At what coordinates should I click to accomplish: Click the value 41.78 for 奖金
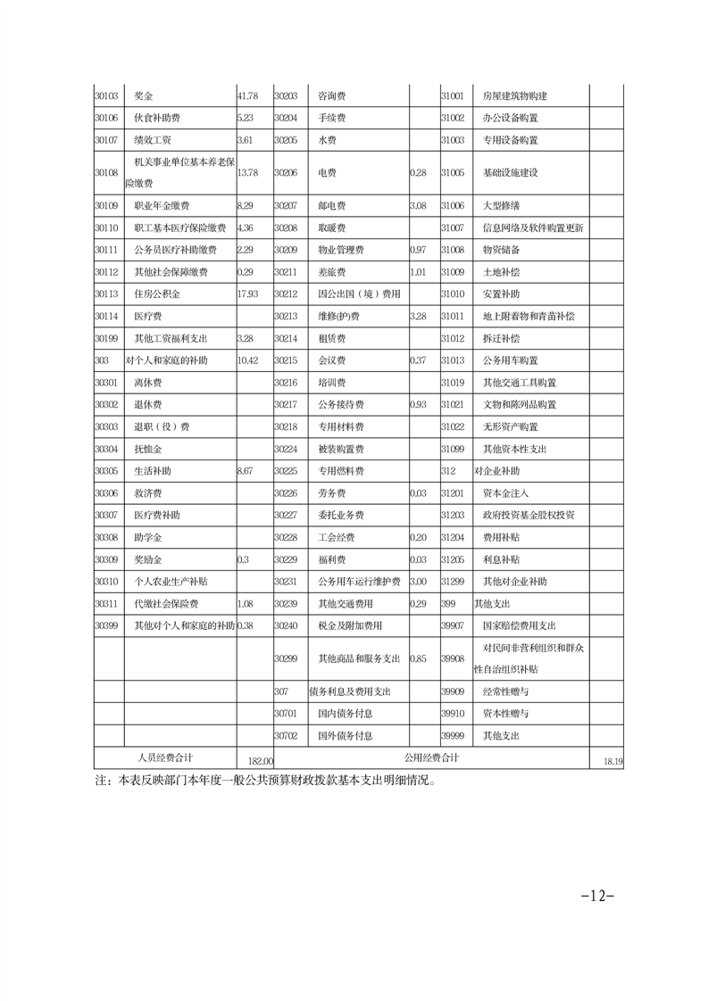(x=247, y=95)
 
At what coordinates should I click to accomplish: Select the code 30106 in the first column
(x=106, y=118)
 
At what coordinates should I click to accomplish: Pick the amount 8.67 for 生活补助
(x=246, y=470)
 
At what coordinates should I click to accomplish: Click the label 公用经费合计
(x=430, y=757)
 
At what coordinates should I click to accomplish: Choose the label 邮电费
(x=331, y=205)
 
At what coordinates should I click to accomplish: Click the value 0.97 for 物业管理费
(x=417, y=249)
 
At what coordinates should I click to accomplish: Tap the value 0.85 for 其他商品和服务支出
(x=417, y=659)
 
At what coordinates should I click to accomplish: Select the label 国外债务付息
(x=345, y=736)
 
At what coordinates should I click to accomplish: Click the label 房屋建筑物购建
(x=514, y=95)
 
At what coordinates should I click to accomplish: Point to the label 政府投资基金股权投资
(x=528, y=515)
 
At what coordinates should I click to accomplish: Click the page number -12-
(x=597, y=896)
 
